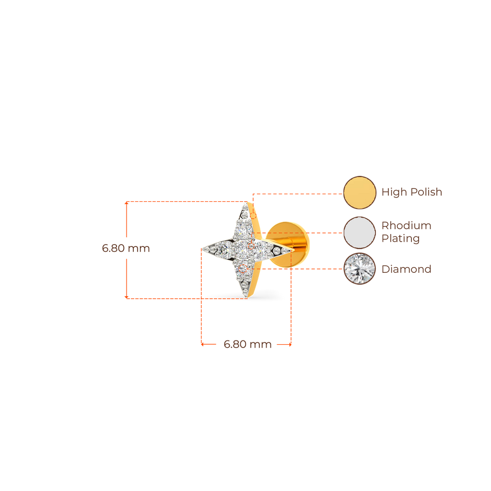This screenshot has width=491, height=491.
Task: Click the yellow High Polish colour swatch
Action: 360,192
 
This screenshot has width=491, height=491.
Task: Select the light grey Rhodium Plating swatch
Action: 360,233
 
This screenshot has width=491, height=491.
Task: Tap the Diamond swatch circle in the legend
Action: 360,269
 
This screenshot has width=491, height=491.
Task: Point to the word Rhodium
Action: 406,225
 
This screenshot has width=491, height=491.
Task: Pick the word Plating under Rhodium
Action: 400,238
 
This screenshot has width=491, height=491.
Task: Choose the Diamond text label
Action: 406,269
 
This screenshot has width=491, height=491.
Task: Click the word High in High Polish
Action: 393,192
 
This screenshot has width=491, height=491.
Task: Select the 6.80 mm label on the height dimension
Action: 126,248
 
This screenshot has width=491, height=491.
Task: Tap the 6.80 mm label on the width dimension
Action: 247,344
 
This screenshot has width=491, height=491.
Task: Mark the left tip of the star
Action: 202,248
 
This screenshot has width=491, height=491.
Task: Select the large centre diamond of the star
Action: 244,248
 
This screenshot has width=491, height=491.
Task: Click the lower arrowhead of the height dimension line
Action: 127,296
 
